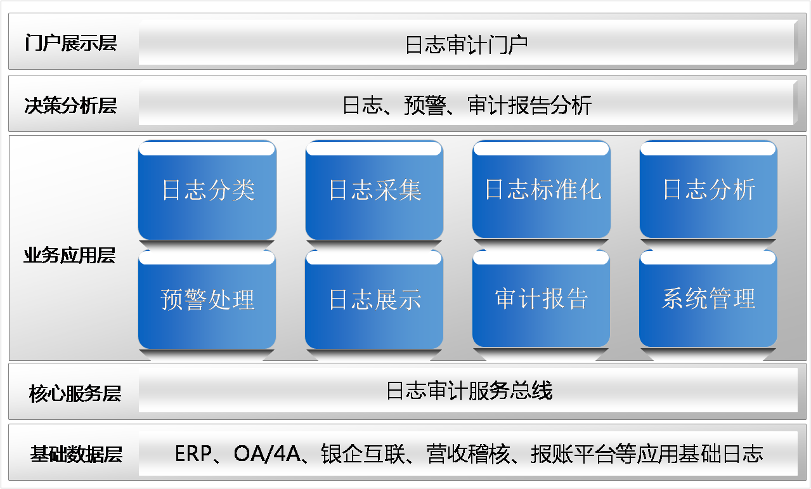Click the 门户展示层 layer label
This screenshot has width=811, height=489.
[x=70, y=43]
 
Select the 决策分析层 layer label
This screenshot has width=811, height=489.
[x=70, y=105]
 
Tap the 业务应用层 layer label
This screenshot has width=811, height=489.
[x=70, y=255]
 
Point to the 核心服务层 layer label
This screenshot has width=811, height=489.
[x=75, y=393]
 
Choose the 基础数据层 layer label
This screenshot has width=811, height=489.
[x=76, y=454]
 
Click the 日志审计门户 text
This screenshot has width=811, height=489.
[x=466, y=45]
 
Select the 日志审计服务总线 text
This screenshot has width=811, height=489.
[x=469, y=391]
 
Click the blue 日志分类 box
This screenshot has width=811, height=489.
[x=207, y=190]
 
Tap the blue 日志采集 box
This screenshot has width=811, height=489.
[x=374, y=190]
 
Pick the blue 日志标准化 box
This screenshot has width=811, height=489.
[x=542, y=190]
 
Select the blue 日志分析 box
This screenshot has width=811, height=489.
[x=708, y=190]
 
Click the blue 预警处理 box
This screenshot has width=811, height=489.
[x=207, y=299]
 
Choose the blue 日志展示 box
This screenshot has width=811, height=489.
[x=374, y=299]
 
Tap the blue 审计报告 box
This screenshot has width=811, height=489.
[x=542, y=299]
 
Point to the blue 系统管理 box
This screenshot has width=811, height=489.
[x=708, y=299]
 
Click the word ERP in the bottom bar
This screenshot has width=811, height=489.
[x=193, y=454]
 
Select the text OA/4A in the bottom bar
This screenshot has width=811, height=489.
[x=267, y=454]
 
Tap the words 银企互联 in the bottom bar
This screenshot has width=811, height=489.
[x=363, y=454]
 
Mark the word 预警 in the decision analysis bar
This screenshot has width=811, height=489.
[x=425, y=105]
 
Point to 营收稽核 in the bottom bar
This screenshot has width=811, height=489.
[x=468, y=454]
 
